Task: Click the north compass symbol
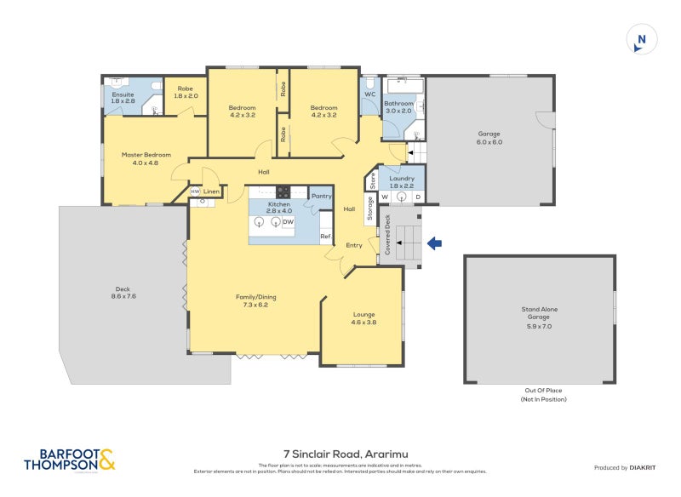[642, 40]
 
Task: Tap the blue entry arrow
[434, 244]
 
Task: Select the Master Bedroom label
[146, 158]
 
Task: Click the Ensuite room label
[123, 97]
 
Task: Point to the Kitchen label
[279, 208]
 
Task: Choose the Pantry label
[321, 196]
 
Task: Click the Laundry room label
[401, 181]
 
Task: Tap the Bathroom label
[398, 106]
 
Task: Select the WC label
[369, 94]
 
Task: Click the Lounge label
[364, 318]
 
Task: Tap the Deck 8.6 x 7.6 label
[123, 292]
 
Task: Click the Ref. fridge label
[324, 237]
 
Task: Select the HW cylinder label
[195, 191]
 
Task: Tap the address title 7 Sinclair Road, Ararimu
[340, 454]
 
